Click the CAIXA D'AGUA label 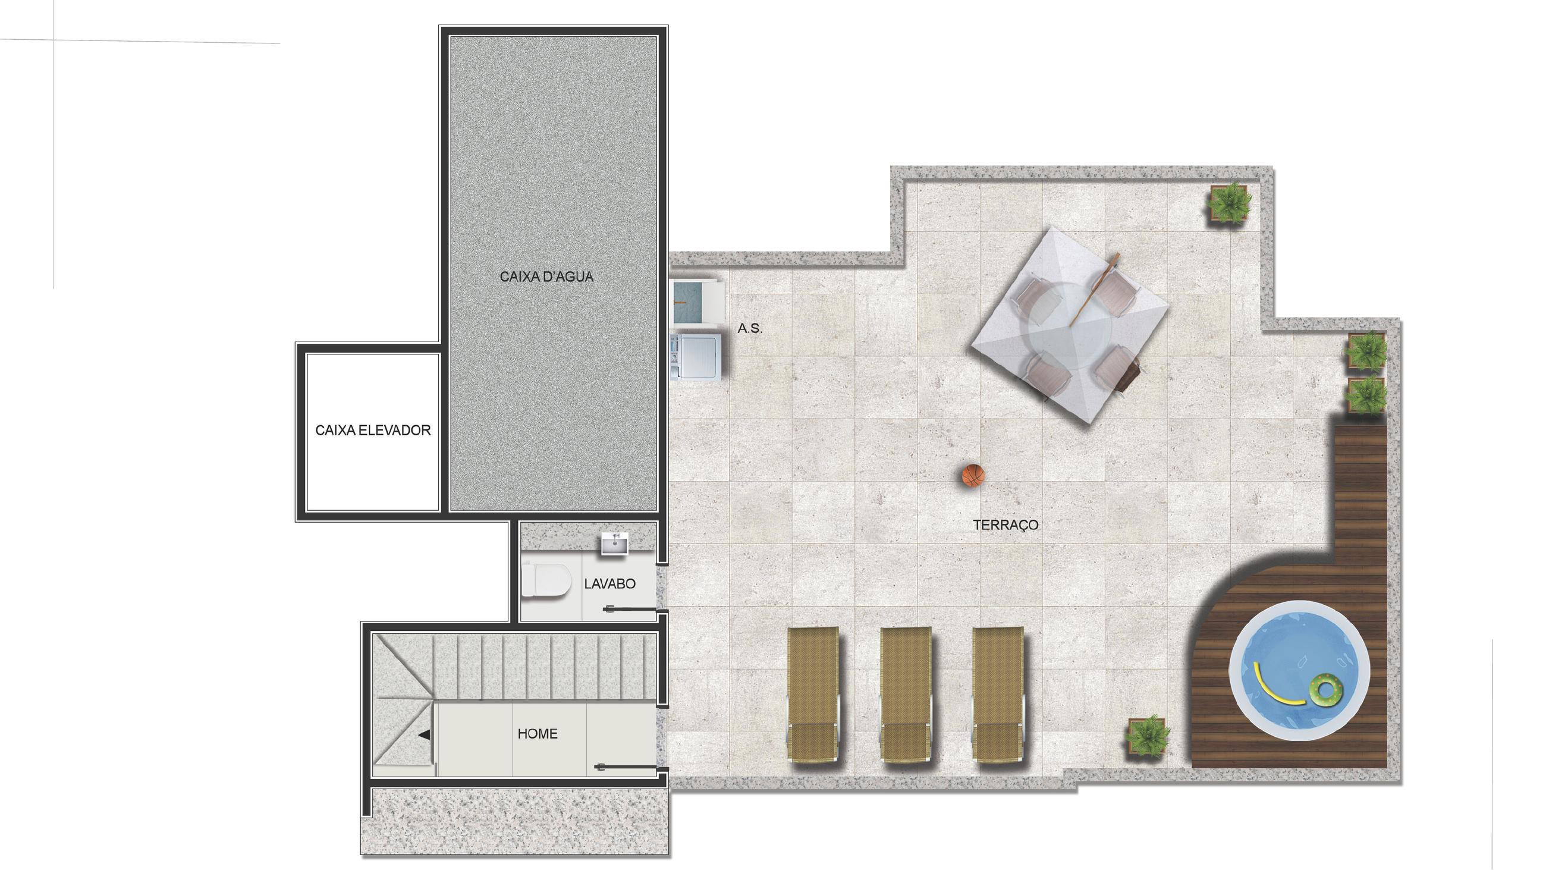(x=546, y=277)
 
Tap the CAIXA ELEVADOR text (x=373, y=431)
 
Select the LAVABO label (x=609, y=583)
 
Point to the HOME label (x=537, y=734)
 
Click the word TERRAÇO (x=1005, y=525)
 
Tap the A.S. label (x=750, y=328)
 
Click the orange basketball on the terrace (x=973, y=476)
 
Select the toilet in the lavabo (x=544, y=580)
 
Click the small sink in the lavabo (x=615, y=544)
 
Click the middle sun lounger (x=906, y=695)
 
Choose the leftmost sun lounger (x=813, y=695)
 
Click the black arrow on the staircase (x=425, y=734)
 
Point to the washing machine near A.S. (x=696, y=357)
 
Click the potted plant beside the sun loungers (x=1148, y=736)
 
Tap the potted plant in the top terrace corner (x=1229, y=203)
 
